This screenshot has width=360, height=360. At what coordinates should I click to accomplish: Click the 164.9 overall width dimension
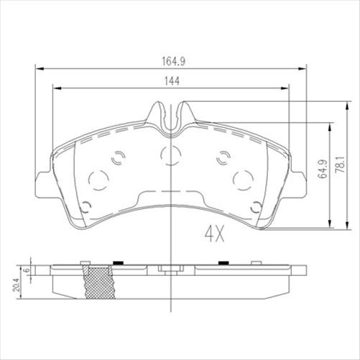170,60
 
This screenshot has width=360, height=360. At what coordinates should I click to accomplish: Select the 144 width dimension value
170,81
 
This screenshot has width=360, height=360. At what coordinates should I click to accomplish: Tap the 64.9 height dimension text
321,167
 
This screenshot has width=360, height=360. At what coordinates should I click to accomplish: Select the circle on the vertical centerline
170,153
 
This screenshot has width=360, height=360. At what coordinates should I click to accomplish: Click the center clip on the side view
170,270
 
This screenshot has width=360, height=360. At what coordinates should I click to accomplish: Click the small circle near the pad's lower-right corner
256,208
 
